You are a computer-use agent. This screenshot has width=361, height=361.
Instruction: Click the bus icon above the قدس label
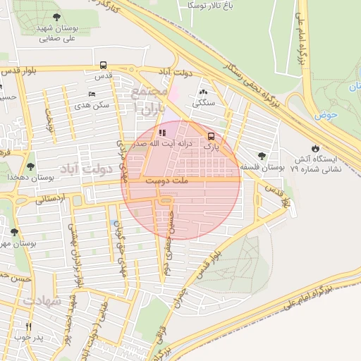(x=104, y=66)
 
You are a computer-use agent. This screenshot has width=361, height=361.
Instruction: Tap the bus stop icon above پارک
(x=210, y=137)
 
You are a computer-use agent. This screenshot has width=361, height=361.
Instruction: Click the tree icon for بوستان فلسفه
(x=262, y=157)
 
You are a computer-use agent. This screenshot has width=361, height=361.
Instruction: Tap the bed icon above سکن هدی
(x=92, y=94)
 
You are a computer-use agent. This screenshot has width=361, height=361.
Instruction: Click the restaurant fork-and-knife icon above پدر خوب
(x=29, y=326)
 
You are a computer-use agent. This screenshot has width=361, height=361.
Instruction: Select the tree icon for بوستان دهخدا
(x=30, y=167)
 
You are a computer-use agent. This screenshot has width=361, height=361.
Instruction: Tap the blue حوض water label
(x=326, y=114)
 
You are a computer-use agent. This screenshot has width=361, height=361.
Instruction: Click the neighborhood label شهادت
(x=42, y=301)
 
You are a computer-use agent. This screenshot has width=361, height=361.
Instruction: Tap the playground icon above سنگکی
(x=204, y=92)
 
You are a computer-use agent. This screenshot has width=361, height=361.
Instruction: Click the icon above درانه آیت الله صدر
(x=161, y=132)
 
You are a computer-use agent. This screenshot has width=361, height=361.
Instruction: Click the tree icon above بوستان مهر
(x=13, y=232)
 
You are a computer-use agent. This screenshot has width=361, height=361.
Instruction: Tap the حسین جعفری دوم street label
(x=170, y=234)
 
